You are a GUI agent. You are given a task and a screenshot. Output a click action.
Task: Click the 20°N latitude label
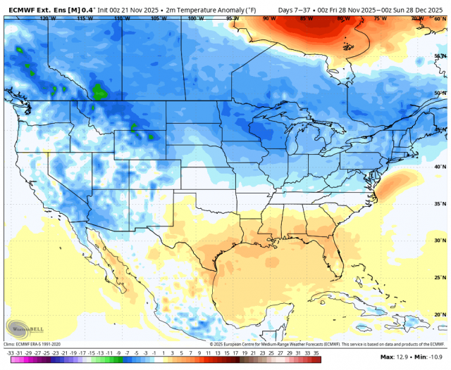pyautogui.click(x=439, y=314)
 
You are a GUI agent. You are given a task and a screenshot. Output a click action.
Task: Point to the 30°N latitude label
pyautogui.click(x=439, y=241)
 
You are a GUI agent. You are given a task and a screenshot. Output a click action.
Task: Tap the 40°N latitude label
pyautogui.click(x=439, y=167)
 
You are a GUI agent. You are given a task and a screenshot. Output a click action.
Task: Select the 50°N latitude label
pyautogui.click(x=439, y=93)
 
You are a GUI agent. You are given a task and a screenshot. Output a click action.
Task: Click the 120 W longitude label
pyautogui.click(x=48, y=18)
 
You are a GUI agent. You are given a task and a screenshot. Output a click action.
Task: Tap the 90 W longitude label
pyautogui.click(x=268, y=18)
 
